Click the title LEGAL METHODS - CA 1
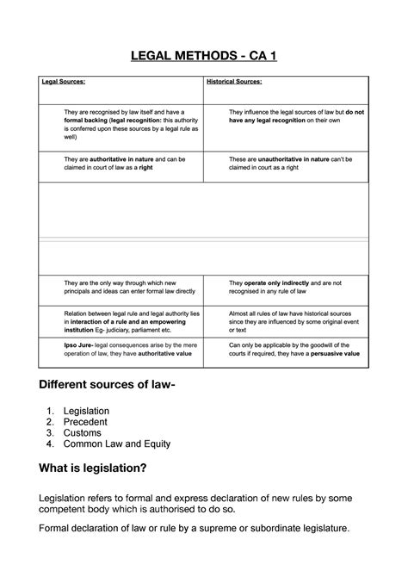coord(204,57)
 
